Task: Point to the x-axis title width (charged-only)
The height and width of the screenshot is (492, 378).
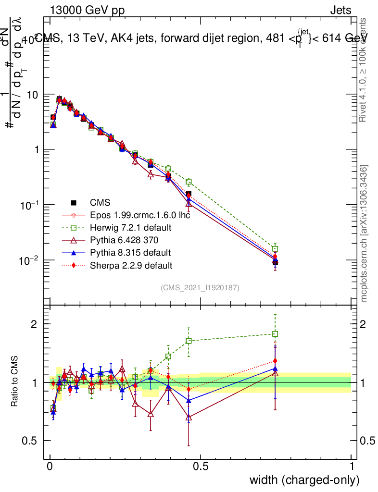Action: pos(304,480)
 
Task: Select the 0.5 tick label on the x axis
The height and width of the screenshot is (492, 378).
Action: pos(200,467)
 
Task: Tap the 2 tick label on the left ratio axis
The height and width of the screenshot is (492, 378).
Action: pos(34,324)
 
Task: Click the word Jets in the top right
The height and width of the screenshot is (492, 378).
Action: pos(340,10)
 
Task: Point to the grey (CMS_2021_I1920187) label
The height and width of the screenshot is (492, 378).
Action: pos(200,288)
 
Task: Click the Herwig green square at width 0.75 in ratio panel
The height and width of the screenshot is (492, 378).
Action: pos(275,334)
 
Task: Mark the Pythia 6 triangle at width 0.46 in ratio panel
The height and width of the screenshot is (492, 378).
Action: pos(189,418)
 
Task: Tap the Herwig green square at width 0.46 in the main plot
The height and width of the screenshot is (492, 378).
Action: pos(189,182)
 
